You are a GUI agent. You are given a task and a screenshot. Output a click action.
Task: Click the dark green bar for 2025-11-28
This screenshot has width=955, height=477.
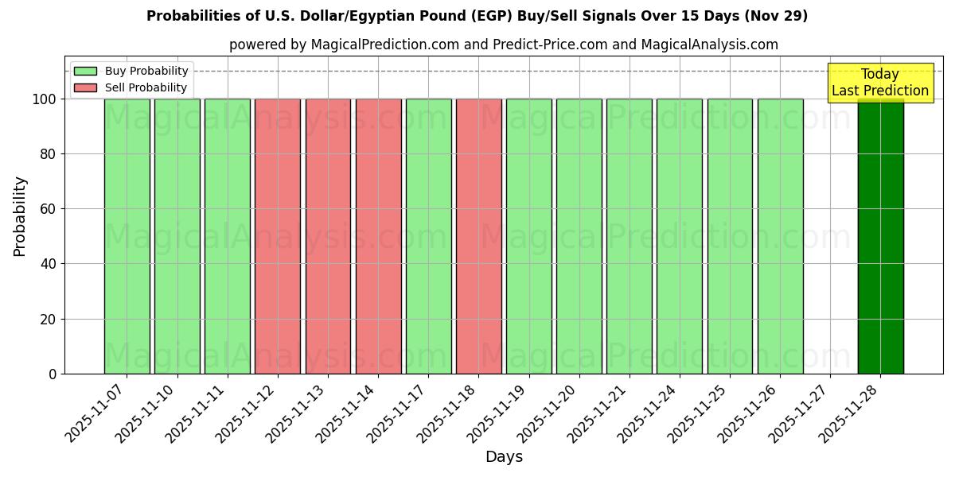pyautogui.click(x=880, y=238)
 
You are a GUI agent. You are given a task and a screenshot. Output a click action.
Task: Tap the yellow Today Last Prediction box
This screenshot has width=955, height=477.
pyautogui.click(x=879, y=83)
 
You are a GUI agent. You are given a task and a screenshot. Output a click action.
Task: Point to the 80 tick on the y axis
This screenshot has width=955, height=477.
pyautogui.click(x=49, y=154)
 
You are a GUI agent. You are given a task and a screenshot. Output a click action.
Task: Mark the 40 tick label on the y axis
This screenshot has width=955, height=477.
pyautogui.click(x=49, y=264)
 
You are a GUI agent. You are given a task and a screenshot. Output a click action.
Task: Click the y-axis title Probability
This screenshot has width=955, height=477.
pyautogui.click(x=20, y=216)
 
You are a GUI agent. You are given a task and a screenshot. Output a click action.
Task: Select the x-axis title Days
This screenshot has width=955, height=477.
pyautogui.click(x=504, y=457)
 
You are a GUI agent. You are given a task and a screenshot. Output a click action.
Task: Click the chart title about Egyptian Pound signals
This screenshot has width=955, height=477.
pyautogui.click(x=477, y=16)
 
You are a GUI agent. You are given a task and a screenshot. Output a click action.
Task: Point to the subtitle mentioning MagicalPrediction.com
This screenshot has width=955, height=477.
pyautogui.click(x=503, y=45)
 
